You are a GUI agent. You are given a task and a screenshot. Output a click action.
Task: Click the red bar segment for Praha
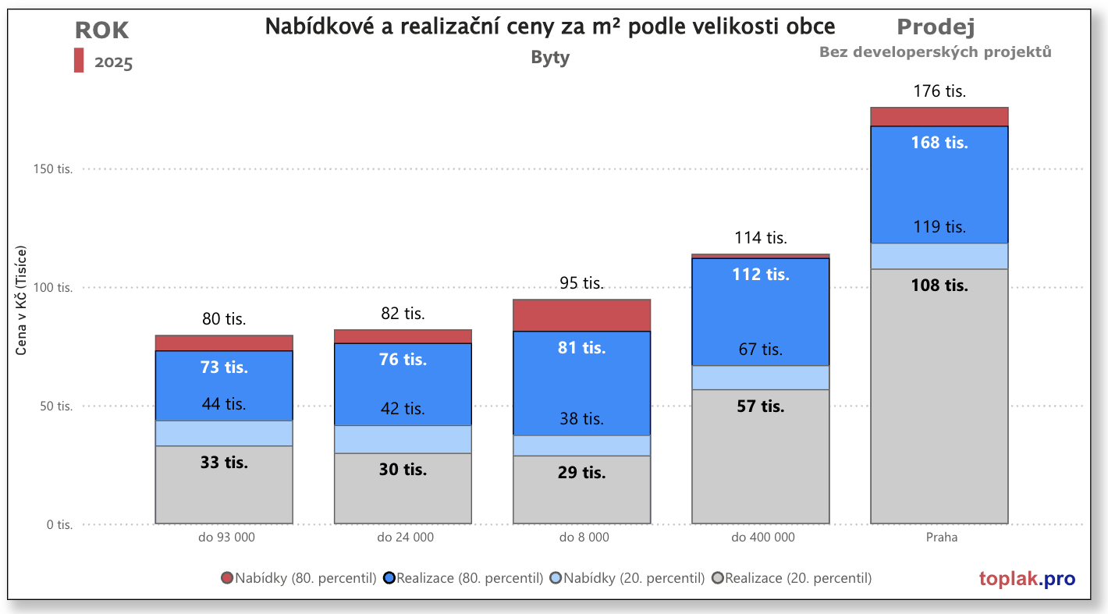pyautogui.click(x=939, y=116)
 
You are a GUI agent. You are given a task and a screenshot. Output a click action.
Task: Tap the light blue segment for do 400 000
pyautogui.click(x=761, y=378)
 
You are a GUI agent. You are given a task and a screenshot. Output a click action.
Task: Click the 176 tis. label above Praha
pyautogui.click(x=939, y=91)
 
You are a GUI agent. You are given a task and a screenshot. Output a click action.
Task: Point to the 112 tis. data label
pyautogui.click(x=761, y=275)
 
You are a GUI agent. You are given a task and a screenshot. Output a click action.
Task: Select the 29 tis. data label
pyautogui.click(x=582, y=473)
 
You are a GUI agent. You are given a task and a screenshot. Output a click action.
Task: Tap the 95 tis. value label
pyautogui.click(x=582, y=283)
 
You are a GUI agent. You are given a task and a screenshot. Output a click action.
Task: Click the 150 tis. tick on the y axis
pyautogui.click(x=55, y=169)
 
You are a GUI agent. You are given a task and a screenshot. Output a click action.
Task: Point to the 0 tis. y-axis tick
pyautogui.click(x=59, y=525)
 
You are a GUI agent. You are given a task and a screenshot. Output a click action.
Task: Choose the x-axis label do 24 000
pyautogui.click(x=405, y=538)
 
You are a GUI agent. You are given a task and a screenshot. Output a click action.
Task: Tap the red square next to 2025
pyautogui.click(x=79, y=60)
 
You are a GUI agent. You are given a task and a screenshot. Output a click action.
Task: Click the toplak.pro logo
pyautogui.click(x=1027, y=579)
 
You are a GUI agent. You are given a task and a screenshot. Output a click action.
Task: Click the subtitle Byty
pyautogui.click(x=550, y=58)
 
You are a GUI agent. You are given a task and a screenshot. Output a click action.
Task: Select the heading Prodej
pyautogui.click(x=936, y=28)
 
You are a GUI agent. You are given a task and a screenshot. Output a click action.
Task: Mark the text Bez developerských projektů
pyautogui.click(x=936, y=52)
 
